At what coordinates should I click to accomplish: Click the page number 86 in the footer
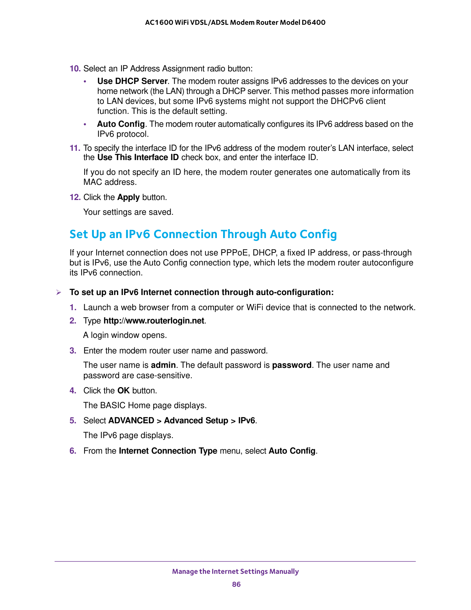tap(236, 584)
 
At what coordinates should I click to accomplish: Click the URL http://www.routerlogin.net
tap(154, 321)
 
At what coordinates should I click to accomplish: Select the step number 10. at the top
tap(75, 69)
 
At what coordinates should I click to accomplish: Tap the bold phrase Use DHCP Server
tap(132, 81)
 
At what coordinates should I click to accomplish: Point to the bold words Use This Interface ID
tap(138, 157)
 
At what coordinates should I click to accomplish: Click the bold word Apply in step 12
tap(128, 197)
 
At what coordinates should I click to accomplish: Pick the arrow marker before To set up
tap(58, 292)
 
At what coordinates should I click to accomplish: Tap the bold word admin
tap(163, 365)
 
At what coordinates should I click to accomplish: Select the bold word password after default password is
tap(291, 365)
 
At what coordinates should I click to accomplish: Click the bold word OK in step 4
tap(123, 391)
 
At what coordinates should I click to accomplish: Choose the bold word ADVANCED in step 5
tap(131, 421)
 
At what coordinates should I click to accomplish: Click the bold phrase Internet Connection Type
tap(168, 451)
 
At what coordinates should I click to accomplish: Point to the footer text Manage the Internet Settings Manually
tap(235, 572)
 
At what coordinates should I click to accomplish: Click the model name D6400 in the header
tap(313, 23)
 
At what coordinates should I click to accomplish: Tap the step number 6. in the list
tap(73, 451)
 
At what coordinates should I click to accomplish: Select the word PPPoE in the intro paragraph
tap(234, 253)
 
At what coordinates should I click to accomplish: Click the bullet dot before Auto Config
tap(85, 125)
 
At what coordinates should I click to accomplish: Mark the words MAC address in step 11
tap(110, 182)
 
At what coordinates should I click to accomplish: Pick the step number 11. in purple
tap(75, 148)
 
